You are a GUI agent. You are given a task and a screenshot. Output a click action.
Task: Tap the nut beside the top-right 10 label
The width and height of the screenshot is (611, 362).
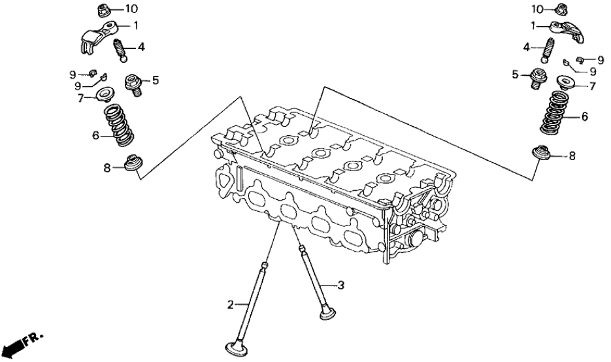(x=559, y=9)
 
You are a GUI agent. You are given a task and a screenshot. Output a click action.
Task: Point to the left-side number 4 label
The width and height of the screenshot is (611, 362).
(x=141, y=47)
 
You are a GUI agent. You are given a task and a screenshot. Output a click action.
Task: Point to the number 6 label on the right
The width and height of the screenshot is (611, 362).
(x=585, y=116)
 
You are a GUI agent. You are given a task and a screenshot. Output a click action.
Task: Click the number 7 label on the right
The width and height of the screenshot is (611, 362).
(x=593, y=86)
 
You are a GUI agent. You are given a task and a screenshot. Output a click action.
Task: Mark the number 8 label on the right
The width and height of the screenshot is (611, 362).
(x=572, y=156)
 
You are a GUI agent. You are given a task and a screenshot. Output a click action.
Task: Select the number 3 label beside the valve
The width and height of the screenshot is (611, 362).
(x=340, y=285)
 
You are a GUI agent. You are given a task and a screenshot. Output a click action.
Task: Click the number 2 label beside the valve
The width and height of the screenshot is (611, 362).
(x=230, y=304)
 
